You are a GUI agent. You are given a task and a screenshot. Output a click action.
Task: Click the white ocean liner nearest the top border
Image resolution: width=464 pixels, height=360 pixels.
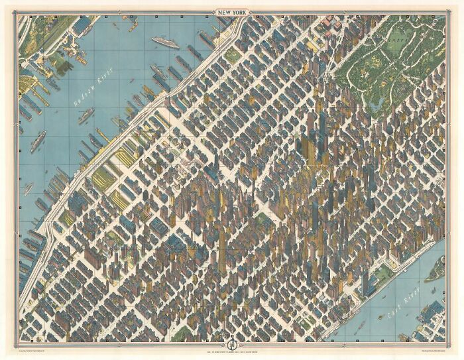pyautogui.click(x=165, y=42)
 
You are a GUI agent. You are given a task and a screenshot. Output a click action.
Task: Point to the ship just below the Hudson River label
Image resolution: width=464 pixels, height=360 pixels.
pyautogui.click(x=86, y=117)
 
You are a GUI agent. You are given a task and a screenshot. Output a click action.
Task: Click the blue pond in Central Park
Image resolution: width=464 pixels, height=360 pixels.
pyautogui.click(x=378, y=103)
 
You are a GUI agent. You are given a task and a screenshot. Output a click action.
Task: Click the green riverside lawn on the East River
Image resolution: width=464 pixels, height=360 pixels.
pyautogui.click(x=383, y=272)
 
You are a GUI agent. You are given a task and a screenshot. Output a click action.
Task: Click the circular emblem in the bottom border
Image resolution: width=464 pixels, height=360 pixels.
pyautogui.click(x=233, y=345)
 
